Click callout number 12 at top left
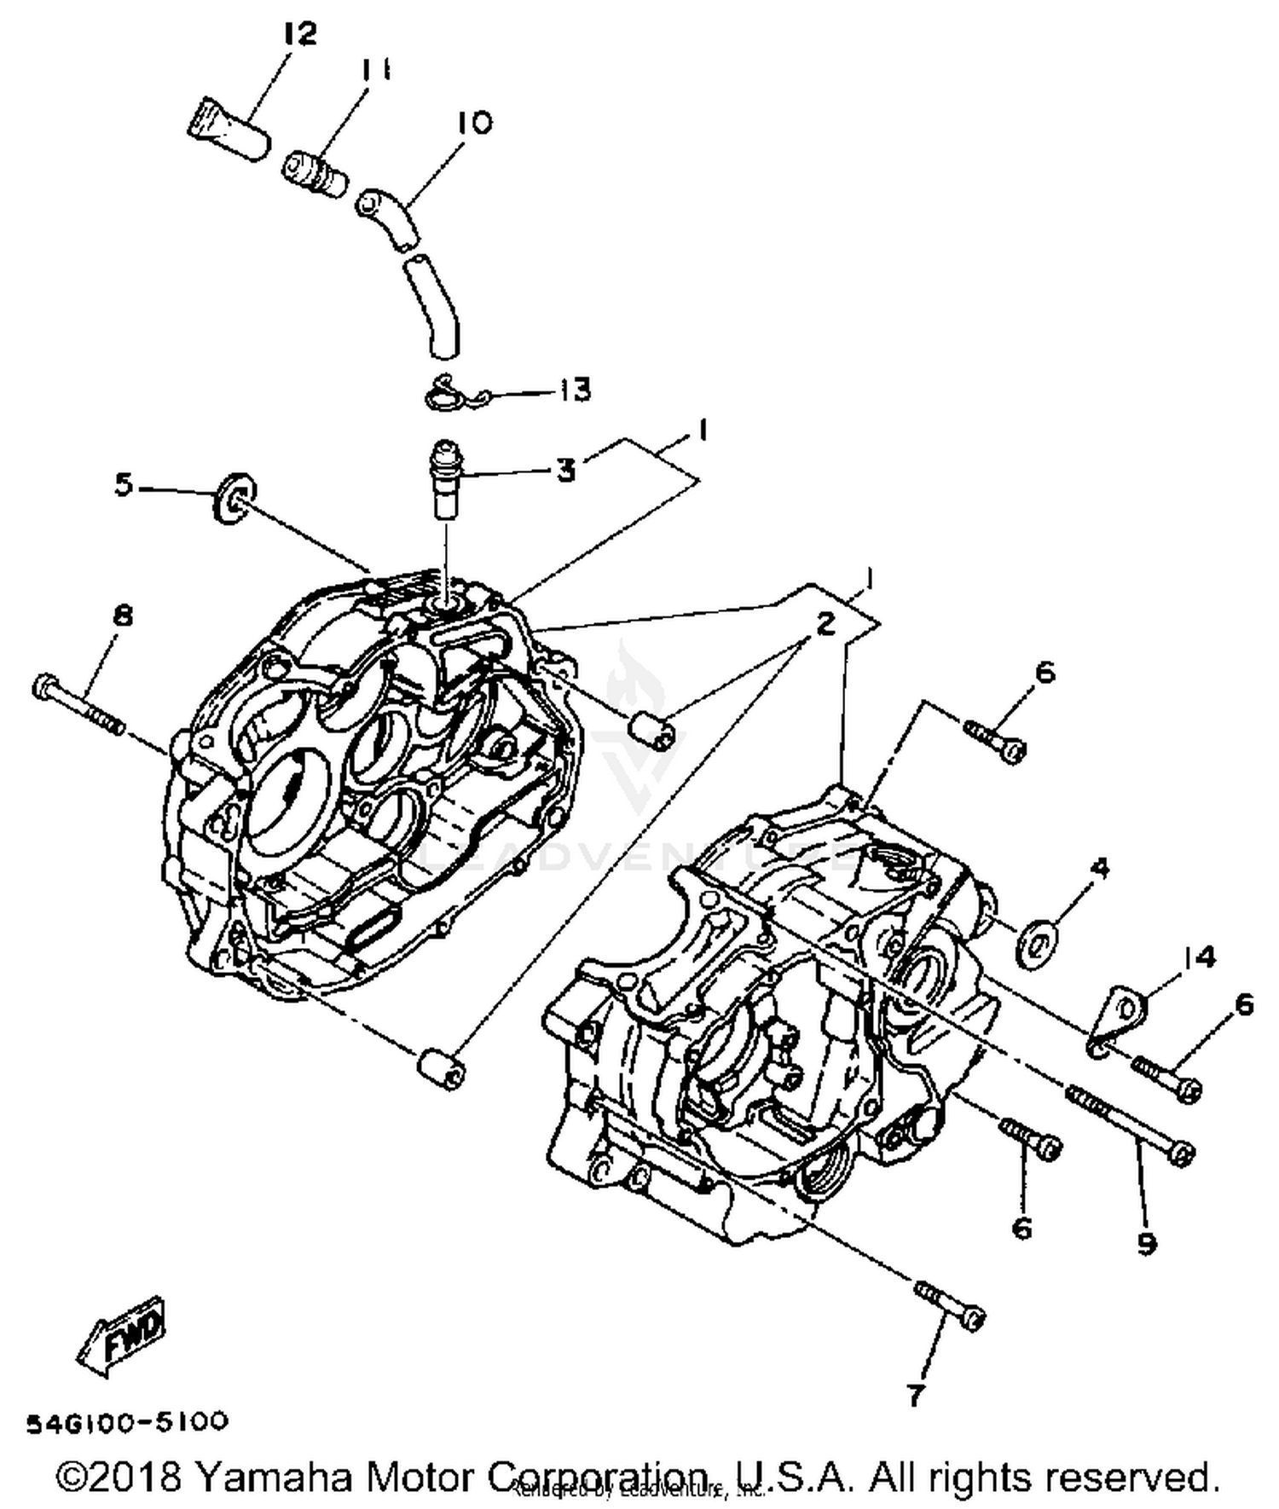click(x=299, y=34)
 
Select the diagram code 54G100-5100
click(x=128, y=1421)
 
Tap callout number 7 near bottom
click(x=914, y=1396)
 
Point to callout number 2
click(x=824, y=624)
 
